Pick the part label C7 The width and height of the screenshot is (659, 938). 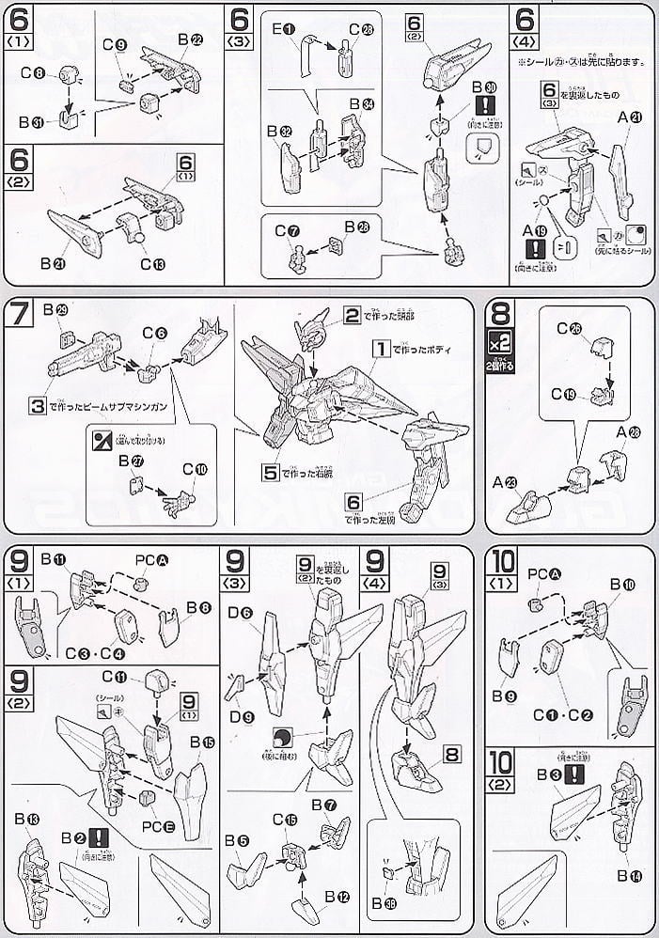pos(283,230)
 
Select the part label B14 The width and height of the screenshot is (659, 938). pos(629,876)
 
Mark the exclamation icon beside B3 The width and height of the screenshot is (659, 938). pos(575,774)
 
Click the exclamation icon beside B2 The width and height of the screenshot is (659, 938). pos(93,836)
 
